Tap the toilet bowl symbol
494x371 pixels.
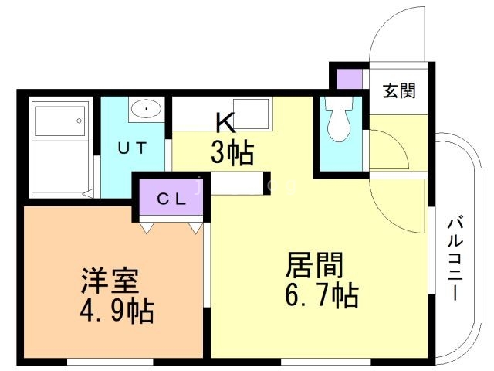tap(337, 118)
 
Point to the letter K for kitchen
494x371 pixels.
tap(225, 123)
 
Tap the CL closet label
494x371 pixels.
tap(171, 197)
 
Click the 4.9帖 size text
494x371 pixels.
tap(117, 311)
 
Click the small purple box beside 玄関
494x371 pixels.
tap(350, 79)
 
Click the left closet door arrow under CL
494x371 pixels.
tap(147, 227)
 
